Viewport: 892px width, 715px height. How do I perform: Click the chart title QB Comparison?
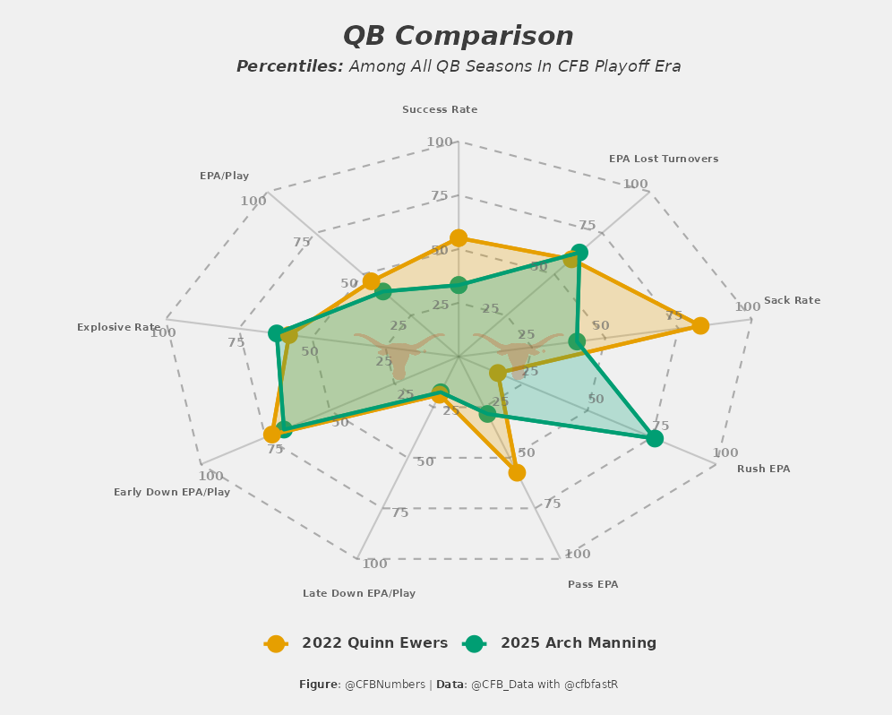point(458,37)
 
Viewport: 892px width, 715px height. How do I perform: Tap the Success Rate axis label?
point(440,110)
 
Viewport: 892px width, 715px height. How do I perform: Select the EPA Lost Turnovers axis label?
point(664,159)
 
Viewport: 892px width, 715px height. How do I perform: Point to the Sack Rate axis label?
point(792,301)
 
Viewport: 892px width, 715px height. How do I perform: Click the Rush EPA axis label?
point(763,469)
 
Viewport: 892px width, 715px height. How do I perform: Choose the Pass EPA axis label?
point(593,585)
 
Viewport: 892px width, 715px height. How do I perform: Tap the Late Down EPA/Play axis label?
point(359,593)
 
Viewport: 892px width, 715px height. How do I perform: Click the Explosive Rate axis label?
point(119,328)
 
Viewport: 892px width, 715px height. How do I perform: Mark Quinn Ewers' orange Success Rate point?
point(459,237)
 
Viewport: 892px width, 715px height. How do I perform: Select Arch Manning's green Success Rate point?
point(459,285)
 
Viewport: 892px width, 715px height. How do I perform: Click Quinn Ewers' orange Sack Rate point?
point(700,325)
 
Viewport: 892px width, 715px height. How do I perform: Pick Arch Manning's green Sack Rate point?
point(577,341)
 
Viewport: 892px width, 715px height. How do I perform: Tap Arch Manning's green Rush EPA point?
point(655,438)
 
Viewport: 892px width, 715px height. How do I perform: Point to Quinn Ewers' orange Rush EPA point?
point(498,373)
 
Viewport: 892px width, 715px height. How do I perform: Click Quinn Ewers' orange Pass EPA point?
point(517,472)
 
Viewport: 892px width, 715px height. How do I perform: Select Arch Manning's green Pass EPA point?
point(487,414)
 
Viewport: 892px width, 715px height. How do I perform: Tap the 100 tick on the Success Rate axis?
point(440,142)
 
